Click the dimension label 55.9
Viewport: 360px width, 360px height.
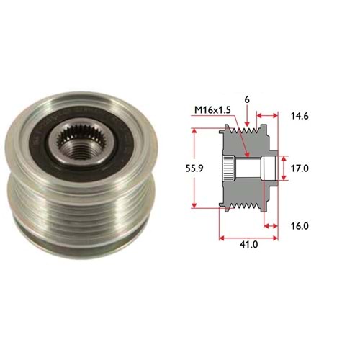(x=194, y=168)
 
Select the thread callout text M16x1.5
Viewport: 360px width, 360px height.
(x=212, y=110)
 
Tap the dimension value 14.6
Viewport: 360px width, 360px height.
(x=300, y=116)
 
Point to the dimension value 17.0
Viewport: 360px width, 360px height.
(x=300, y=168)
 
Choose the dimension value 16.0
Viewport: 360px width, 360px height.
(x=300, y=226)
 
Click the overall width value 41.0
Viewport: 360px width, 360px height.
(x=248, y=245)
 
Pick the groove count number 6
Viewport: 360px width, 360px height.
(x=247, y=100)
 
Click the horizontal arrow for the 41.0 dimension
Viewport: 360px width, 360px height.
(x=248, y=238)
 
